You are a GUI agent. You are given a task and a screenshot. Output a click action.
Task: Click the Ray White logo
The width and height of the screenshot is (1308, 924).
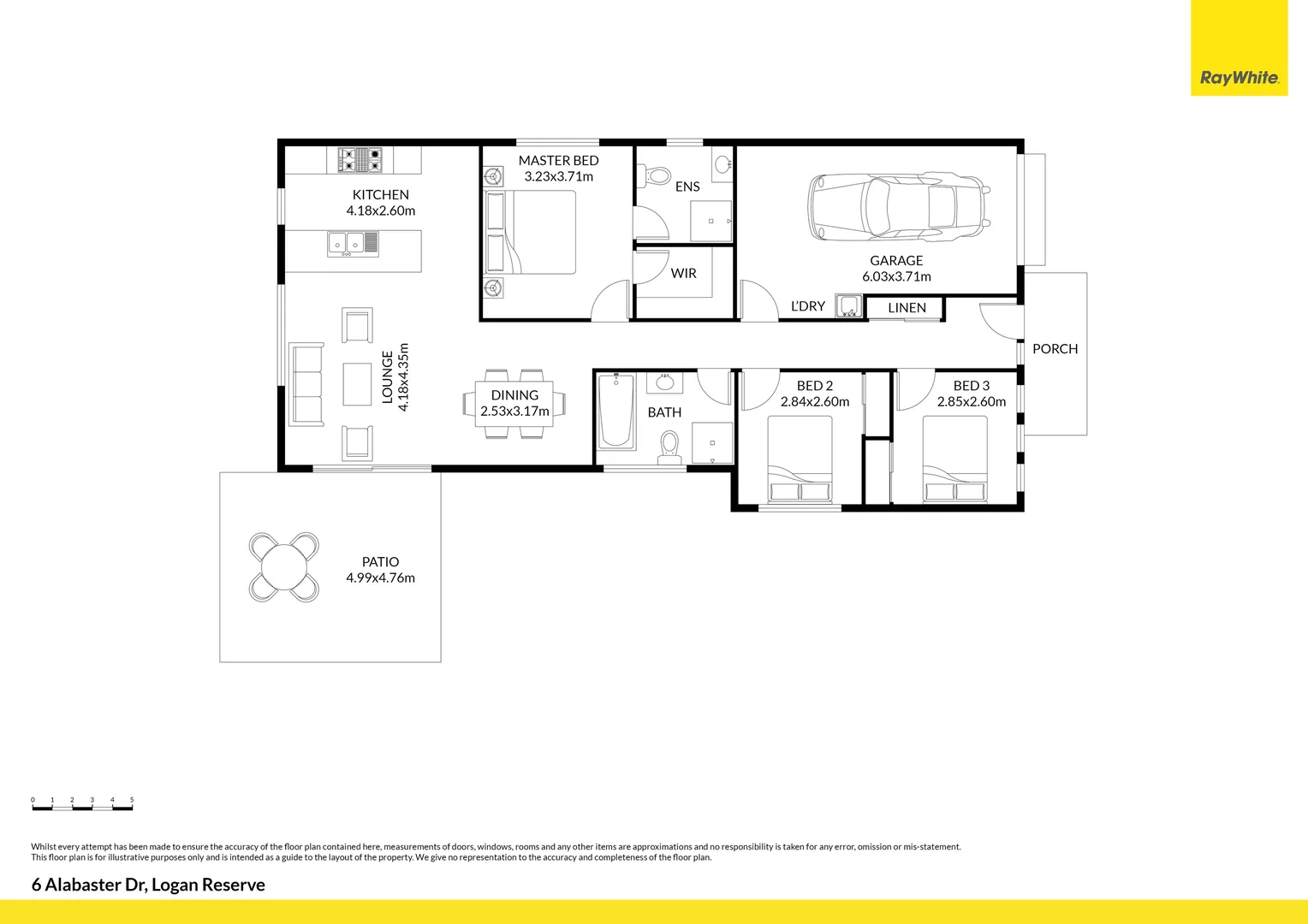[x=1239, y=78]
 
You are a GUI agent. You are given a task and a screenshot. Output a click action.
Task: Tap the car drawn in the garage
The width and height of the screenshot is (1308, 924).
[x=898, y=207]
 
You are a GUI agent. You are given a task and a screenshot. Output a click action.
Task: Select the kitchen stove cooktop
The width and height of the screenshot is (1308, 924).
[x=360, y=160]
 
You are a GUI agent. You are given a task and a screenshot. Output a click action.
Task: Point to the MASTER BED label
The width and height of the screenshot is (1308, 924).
[x=558, y=160]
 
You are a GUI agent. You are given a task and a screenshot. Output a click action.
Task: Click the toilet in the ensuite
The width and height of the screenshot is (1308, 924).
[x=656, y=176]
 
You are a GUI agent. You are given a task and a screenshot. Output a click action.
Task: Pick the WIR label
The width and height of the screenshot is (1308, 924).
[x=683, y=273]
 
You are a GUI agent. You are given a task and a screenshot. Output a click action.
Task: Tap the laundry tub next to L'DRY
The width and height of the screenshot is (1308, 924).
[x=849, y=305]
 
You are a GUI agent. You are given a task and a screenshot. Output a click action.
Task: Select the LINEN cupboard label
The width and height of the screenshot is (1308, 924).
[x=907, y=308]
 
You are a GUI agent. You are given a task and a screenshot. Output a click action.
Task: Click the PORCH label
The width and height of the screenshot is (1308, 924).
[x=1055, y=349]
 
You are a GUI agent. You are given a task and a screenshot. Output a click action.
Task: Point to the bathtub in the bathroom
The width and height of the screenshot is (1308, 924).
[x=615, y=412]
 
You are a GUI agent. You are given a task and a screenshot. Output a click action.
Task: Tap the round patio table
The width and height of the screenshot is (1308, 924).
[x=283, y=567]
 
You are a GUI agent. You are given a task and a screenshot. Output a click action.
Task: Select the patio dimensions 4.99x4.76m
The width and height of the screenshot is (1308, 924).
[x=380, y=578]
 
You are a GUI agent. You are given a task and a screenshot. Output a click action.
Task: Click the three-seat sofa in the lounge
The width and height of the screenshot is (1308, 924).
[x=306, y=384]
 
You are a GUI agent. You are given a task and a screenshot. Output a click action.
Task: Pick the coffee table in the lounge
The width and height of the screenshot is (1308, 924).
[x=357, y=384]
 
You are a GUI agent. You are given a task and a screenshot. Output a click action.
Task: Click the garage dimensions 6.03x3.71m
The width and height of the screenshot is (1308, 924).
[x=896, y=276]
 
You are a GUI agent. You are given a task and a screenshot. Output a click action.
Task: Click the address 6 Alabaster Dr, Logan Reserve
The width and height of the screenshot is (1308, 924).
[x=148, y=885]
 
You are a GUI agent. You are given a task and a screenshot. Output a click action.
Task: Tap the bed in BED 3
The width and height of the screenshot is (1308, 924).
[x=954, y=459]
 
